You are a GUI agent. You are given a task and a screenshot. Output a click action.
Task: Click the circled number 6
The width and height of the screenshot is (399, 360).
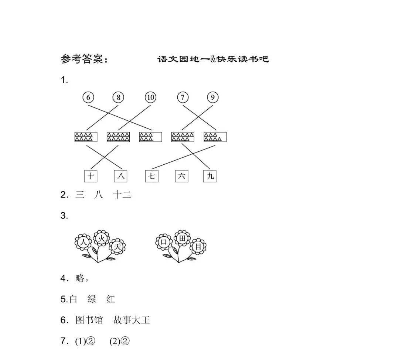(x=88, y=97)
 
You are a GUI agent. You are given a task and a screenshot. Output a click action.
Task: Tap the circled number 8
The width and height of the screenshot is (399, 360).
(x=118, y=97)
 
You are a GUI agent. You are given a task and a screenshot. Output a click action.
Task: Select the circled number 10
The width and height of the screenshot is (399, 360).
(x=150, y=97)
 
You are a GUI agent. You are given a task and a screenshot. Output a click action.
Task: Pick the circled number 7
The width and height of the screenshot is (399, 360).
(x=183, y=97)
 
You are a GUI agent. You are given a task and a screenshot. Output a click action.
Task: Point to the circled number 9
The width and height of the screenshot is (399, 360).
(x=213, y=97)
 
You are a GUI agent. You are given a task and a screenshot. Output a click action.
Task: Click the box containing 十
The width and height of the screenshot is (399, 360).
(x=91, y=176)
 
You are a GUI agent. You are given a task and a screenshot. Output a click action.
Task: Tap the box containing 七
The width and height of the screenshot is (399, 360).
(x=152, y=176)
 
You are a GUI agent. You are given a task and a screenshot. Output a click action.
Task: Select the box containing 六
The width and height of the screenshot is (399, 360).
(x=182, y=176)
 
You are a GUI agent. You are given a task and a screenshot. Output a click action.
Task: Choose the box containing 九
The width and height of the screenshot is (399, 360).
(x=210, y=176)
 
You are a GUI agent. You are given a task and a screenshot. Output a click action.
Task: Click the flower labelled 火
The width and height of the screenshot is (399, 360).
(x=102, y=239)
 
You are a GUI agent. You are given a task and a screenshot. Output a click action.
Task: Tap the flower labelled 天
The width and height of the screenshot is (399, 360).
(x=117, y=247)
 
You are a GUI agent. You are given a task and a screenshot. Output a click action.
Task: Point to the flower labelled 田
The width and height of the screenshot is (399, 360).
(x=182, y=238)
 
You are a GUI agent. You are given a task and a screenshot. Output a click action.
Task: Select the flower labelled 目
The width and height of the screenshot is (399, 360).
(x=198, y=246)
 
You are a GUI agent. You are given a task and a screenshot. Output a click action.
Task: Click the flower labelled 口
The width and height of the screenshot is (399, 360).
(x=164, y=242)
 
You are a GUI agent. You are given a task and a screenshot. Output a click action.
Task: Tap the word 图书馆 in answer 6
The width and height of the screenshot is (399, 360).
(x=89, y=320)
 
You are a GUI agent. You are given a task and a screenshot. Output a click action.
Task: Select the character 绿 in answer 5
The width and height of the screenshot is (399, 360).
(x=92, y=299)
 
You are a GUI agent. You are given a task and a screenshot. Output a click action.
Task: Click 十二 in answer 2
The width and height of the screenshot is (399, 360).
(x=122, y=195)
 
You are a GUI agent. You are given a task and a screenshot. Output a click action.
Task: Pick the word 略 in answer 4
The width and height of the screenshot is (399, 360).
(x=80, y=278)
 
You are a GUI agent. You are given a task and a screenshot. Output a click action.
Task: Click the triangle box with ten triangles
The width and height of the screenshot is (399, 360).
(x=118, y=137)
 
